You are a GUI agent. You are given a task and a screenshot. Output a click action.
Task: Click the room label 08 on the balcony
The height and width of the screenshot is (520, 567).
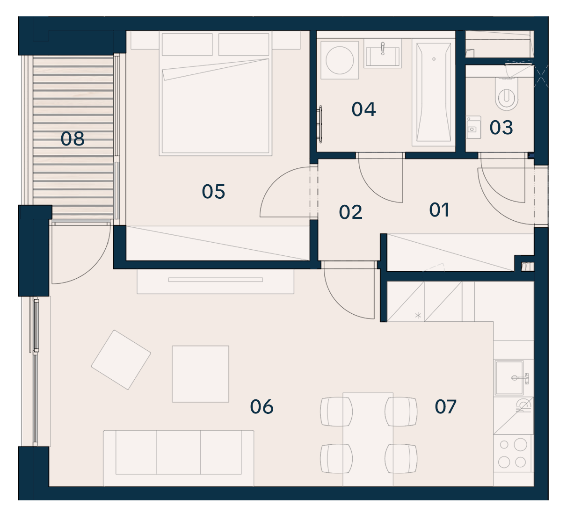click(73, 139)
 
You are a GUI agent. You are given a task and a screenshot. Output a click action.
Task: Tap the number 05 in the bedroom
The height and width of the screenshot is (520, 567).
click(213, 192)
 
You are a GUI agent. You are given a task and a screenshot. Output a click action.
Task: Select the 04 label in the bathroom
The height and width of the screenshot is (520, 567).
click(363, 109)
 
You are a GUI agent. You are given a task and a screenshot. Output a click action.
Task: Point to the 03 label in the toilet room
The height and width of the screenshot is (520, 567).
click(501, 128)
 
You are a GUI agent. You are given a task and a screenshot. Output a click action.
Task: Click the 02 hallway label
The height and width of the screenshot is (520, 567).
click(350, 212)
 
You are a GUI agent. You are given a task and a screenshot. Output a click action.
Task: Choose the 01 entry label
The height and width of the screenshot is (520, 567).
click(439, 210)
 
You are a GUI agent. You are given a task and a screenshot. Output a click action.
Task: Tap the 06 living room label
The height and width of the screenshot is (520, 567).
click(262, 407)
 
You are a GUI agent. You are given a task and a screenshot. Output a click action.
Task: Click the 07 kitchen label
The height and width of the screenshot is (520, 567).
click(445, 407)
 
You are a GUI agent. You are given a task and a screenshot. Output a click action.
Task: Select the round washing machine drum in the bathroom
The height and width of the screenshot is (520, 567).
click(340, 60)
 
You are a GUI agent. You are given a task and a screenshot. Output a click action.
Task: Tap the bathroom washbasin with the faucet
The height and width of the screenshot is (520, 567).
click(383, 54)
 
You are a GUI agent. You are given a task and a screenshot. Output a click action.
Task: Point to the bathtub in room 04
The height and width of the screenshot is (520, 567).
click(434, 92)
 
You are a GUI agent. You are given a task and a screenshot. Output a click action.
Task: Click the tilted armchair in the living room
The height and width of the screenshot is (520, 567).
click(121, 360)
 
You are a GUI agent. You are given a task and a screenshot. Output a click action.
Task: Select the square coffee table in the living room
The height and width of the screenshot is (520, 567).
click(200, 374)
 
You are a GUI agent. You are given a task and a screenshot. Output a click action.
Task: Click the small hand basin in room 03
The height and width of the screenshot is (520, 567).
click(473, 127)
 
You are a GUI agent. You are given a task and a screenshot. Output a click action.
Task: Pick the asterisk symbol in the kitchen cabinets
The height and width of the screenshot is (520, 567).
click(418, 315)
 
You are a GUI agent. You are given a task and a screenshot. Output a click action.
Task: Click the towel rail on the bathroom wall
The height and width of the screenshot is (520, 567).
click(320, 124)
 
